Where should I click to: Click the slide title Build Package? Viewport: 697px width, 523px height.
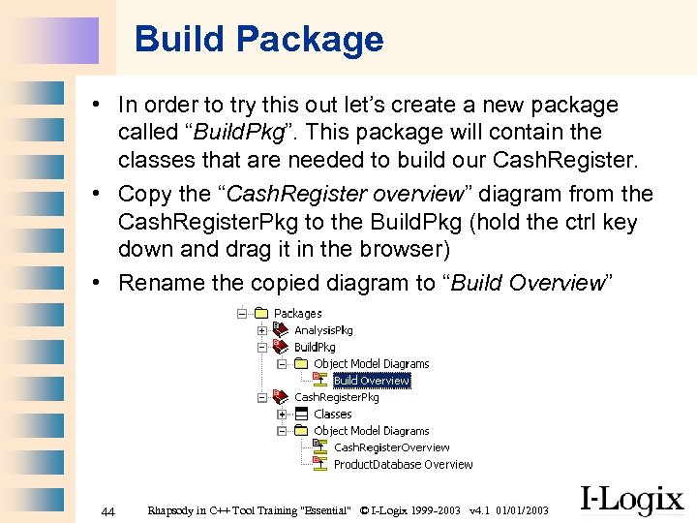click(258, 40)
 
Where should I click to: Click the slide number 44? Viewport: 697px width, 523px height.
click(108, 511)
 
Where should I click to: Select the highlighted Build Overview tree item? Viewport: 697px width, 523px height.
click(372, 381)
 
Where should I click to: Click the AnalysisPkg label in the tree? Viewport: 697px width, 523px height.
click(323, 330)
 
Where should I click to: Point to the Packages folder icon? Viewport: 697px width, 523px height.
click(260, 313)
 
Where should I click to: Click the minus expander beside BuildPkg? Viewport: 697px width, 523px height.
click(261, 347)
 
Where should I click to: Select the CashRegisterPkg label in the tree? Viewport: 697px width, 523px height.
click(337, 397)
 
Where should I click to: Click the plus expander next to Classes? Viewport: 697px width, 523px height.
click(282, 414)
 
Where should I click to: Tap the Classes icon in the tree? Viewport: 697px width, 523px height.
click(301, 414)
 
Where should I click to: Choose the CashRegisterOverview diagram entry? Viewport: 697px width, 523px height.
click(391, 447)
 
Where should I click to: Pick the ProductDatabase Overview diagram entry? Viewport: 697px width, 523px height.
click(403, 464)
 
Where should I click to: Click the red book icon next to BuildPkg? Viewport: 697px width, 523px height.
click(281, 347)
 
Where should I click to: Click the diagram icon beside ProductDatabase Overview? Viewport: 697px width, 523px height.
click(320, 464)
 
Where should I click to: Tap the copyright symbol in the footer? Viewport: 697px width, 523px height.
click(363, 510)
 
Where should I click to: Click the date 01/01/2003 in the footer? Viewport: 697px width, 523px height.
click(522, 510)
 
